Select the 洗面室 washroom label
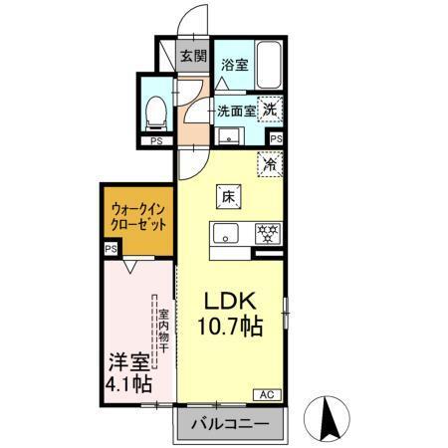(237, 111)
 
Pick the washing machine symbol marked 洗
(271, 111)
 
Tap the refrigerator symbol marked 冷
(269, 162)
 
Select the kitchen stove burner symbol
(266, 234)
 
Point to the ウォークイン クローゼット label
(137, 218)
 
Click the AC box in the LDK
(267, 396)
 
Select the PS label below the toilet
(154, 141)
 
